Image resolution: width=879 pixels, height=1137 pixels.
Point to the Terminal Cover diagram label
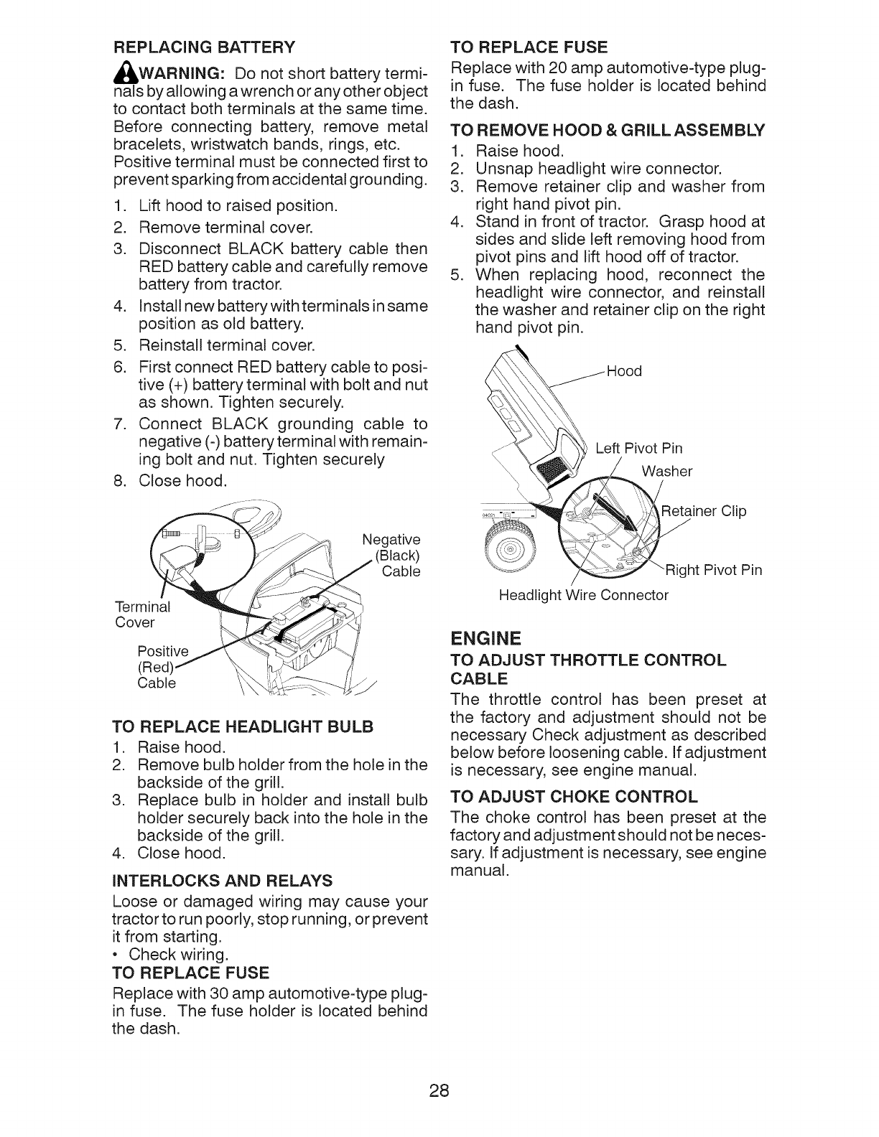point(142,614)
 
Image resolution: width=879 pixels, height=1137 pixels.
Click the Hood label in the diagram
point(623,371)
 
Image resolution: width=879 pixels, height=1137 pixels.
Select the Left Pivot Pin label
point(638,449)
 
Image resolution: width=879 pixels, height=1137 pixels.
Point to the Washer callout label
point(666,472)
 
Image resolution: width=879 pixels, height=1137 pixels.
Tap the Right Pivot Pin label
point(712,571)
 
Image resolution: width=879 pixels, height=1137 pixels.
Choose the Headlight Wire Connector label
point(584,595)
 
